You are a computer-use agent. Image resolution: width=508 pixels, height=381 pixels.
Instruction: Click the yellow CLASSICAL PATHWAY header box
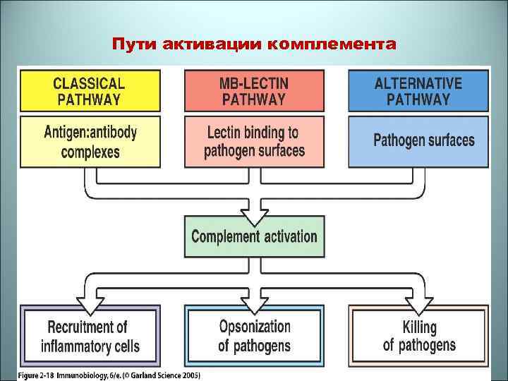click(89, 91)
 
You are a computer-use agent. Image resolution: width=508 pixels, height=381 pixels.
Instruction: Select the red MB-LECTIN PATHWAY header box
click(254, 91)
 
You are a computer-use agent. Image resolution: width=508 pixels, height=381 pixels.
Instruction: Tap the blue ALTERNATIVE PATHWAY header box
click(418, 91)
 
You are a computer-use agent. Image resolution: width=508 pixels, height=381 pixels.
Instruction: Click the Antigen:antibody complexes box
click(89, 141)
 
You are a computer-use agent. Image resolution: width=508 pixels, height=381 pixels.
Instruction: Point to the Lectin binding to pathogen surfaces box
click(254, 141)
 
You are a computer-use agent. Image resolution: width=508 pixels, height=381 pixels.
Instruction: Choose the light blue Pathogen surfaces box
click(418, 141)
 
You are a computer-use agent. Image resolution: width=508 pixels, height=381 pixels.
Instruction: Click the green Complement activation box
click(254, 236)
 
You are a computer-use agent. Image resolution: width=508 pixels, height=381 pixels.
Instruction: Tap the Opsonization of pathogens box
click(254, 336)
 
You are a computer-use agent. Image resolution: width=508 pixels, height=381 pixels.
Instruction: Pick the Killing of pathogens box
click(418, 336)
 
